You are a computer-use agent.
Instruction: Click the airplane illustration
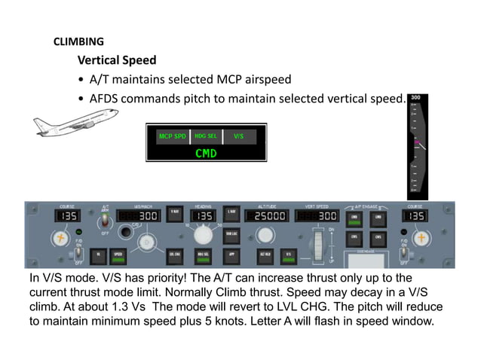75,122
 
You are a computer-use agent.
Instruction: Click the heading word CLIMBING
78,41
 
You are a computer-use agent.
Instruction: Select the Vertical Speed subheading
117,60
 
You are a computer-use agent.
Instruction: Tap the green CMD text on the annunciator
206,153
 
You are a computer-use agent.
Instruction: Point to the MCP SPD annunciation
172,137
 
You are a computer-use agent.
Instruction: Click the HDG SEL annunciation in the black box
206,137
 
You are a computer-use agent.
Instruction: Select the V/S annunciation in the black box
239,137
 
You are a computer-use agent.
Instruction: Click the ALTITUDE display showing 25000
269,216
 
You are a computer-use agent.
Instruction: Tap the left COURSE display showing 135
68,216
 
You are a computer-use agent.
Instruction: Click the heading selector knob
201,239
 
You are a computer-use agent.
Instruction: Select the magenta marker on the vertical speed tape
415,142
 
